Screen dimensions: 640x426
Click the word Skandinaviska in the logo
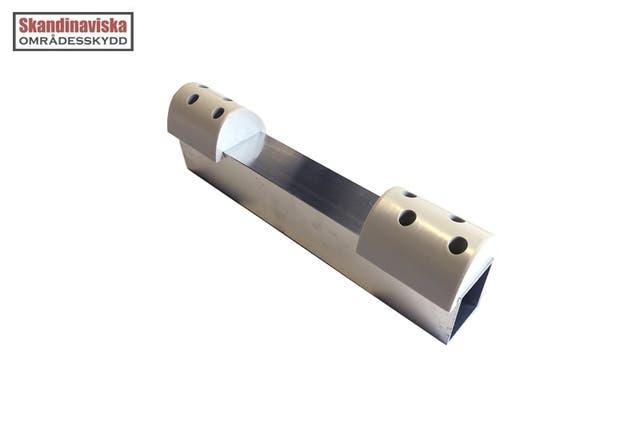coord(73,26)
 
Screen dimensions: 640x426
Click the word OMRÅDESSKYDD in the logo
coord(73,41)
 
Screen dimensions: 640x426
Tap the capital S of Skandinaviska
coord(24,26)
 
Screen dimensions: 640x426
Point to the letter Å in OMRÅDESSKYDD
coord(51,40)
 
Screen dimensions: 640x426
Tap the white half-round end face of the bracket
coord(240,133)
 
